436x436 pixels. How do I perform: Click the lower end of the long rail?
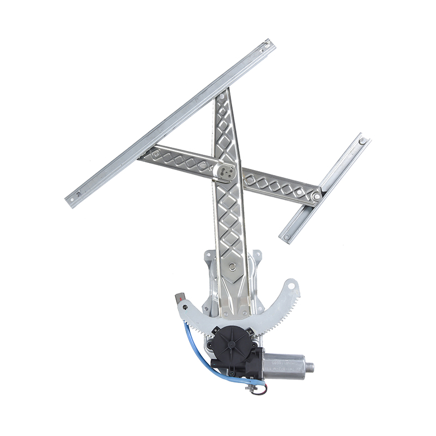(71, 201)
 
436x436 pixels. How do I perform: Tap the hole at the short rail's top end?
(361, 141)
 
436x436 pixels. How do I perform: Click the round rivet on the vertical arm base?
(233, 267)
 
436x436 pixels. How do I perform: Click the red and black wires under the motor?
(261, 383)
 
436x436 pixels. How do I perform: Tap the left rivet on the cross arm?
(156, 155)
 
